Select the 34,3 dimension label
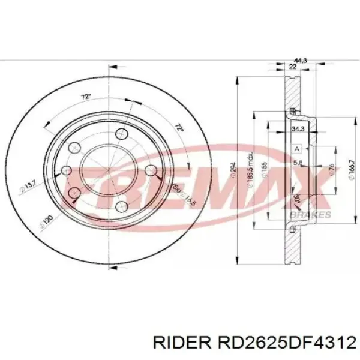tap(296, 128)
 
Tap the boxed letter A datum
tap(296, 148)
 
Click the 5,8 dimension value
tap(298, 163)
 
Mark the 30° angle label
tap(296, 198)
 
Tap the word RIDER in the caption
tap(179, 342)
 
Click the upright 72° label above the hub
tap(86, 97)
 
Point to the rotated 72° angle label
tap(178, 128)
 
